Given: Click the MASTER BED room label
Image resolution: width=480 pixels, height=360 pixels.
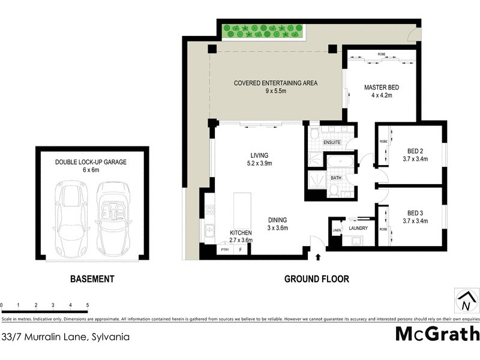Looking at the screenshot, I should [381, 88].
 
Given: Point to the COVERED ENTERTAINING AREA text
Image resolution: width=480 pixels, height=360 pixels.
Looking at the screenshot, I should [275, 83].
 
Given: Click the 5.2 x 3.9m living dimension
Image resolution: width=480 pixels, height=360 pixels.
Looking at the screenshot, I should [260, 163].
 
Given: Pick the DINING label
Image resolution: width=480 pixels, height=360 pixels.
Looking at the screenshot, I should [278, 220].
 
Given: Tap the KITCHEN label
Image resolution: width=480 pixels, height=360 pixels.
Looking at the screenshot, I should [241, 232].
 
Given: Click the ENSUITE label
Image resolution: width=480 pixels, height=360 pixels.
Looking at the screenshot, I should [332, 142].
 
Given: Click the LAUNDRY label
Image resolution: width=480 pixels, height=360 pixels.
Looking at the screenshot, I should [359, 229].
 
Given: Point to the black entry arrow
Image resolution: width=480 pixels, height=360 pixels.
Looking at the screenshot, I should [318, 257].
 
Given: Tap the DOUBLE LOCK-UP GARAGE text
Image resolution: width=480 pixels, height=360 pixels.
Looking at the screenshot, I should [91, 162].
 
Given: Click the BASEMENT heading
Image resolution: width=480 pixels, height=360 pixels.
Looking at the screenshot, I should [92, 279].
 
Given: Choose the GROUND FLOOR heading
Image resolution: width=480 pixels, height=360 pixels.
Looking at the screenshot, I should [316, 279].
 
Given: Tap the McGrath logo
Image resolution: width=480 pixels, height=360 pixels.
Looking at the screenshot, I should [437, 334].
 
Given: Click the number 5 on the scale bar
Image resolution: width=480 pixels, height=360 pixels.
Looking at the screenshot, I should [88, 305].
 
